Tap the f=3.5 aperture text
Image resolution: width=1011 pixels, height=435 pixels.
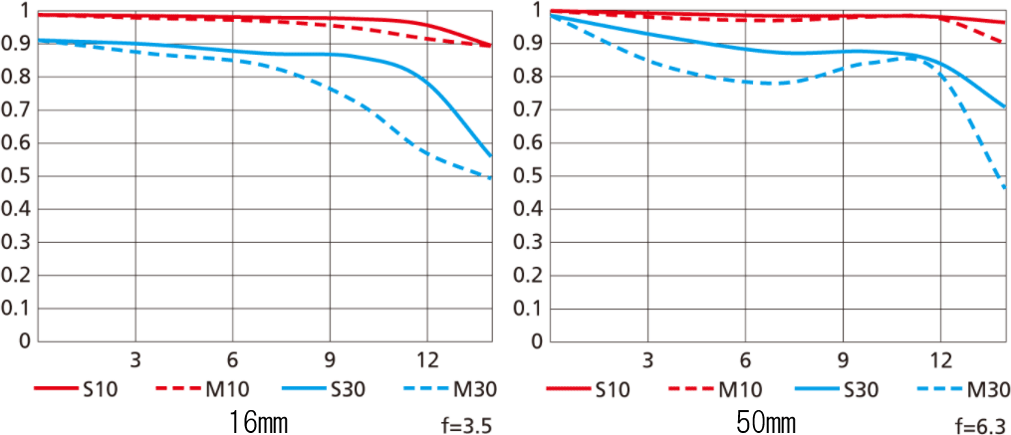(x=466, y=426)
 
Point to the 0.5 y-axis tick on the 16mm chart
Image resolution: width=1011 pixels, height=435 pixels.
(x=17, y=176)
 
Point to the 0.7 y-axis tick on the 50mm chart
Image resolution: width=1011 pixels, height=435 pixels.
(x=530, y=109)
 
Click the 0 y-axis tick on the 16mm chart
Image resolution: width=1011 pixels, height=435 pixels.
(x=23, y=341)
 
